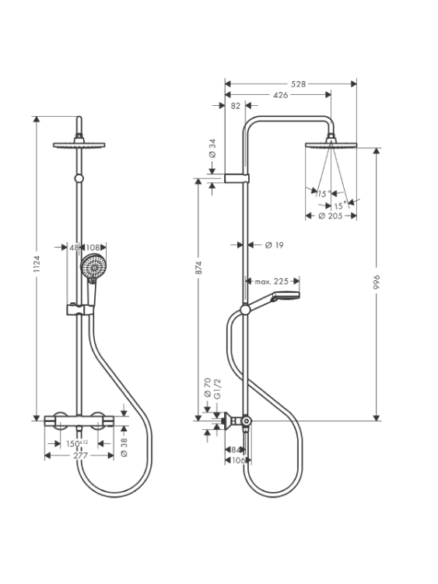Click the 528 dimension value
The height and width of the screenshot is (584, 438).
point(298,84)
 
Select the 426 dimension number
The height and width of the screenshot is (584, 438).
point(280,95)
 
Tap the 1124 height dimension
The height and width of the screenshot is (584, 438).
point(37,264)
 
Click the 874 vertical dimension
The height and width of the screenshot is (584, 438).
point(198,268)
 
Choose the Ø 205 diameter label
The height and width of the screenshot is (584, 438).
point(331,216)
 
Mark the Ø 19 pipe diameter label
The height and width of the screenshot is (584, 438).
point(275,245)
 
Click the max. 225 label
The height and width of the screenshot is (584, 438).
point(272,281)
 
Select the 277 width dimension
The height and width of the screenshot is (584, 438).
point(80,456)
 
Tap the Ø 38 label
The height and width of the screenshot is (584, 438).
point(124,447)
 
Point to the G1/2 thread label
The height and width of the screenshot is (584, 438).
point(218,389)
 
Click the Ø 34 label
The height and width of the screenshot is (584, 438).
point(212,149)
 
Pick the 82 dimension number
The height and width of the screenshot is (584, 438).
point(236,106)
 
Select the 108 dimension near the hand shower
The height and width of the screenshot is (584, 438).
point(93,248)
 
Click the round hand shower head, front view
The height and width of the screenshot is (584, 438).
point(93,266)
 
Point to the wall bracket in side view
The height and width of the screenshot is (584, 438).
point(237,178)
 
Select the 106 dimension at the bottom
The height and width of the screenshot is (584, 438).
point(238,461)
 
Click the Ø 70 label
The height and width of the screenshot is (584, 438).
point(208,387)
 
